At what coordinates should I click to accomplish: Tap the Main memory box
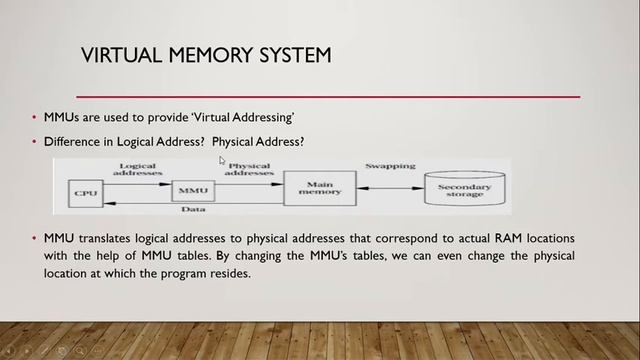point(319,186)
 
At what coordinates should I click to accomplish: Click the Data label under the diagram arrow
point(193,209)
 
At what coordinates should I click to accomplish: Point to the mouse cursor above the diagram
point(223,160)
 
